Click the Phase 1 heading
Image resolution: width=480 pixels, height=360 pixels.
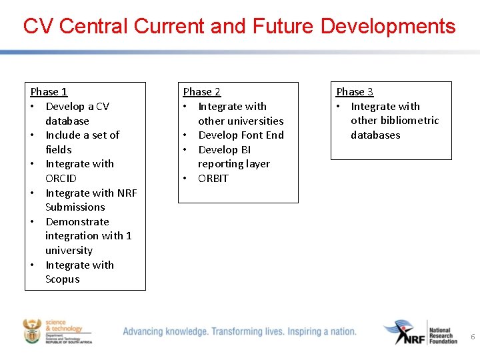click(49, 92)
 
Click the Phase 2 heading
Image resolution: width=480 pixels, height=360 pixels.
click(202, 92)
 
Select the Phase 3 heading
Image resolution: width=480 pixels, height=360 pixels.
click(355, 92)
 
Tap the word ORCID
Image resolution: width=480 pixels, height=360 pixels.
click(61, 179)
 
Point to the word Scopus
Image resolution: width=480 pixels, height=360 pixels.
click(62, 279)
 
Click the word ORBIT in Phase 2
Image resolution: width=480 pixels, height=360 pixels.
click(213, 179)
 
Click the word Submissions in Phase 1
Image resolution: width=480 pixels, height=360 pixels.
click(75, 207)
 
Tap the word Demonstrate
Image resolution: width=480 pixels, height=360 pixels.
click(77, 222)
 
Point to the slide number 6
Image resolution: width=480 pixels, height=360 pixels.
click(473, 337)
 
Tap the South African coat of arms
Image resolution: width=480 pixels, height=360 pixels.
click(31, 331)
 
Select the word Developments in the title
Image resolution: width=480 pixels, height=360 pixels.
click(388, 27)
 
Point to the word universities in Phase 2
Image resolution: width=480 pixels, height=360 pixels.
click(241, 121)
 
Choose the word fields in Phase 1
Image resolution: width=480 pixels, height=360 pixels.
click(58, 150)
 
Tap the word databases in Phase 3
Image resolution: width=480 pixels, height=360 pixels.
click(375, 135)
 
